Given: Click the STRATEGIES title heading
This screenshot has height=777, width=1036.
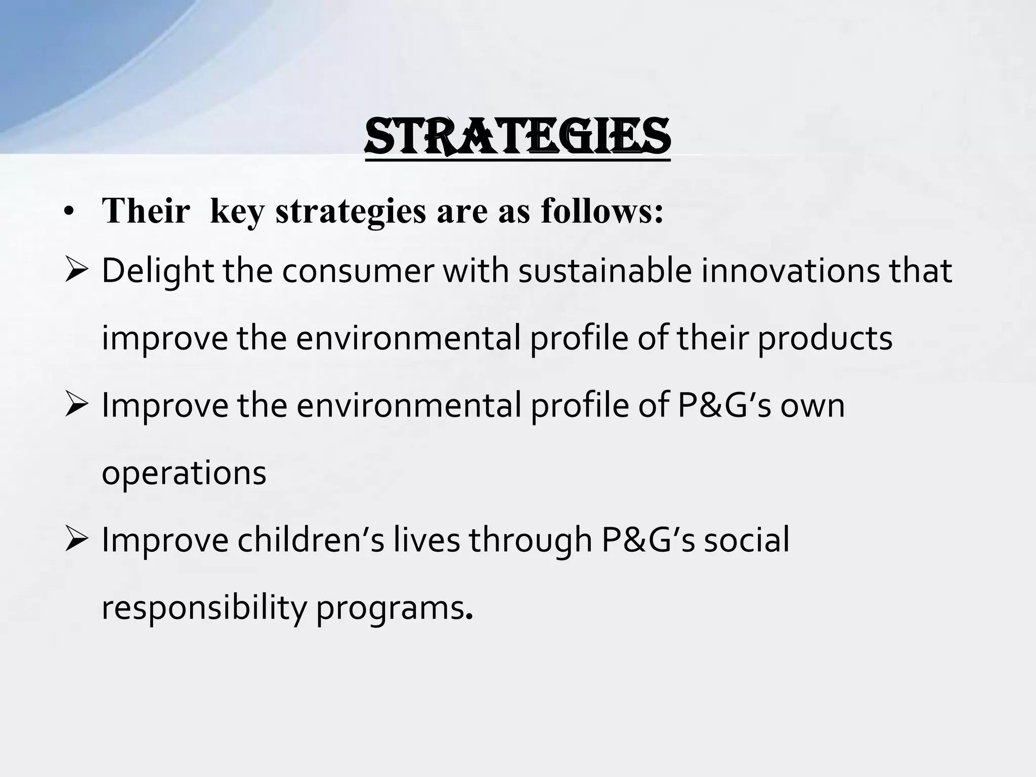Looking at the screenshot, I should tap(517, 137).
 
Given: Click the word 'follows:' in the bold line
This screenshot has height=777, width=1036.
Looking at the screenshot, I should tap(601, 211).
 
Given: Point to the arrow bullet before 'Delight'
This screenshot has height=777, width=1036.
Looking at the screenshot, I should tap(76, 271).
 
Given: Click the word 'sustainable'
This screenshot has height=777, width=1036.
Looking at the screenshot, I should tap(605, 271).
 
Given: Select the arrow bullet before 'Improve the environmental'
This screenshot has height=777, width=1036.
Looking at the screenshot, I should tap(76, 406).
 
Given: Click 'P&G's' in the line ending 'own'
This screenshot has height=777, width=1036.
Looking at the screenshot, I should tap(724, 406).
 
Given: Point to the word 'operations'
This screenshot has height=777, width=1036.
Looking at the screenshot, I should tap(184, 473).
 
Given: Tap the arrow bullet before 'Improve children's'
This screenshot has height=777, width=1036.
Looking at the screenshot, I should tap(76, 540).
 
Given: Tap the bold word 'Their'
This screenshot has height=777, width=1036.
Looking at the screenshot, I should tap(146, 211).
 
